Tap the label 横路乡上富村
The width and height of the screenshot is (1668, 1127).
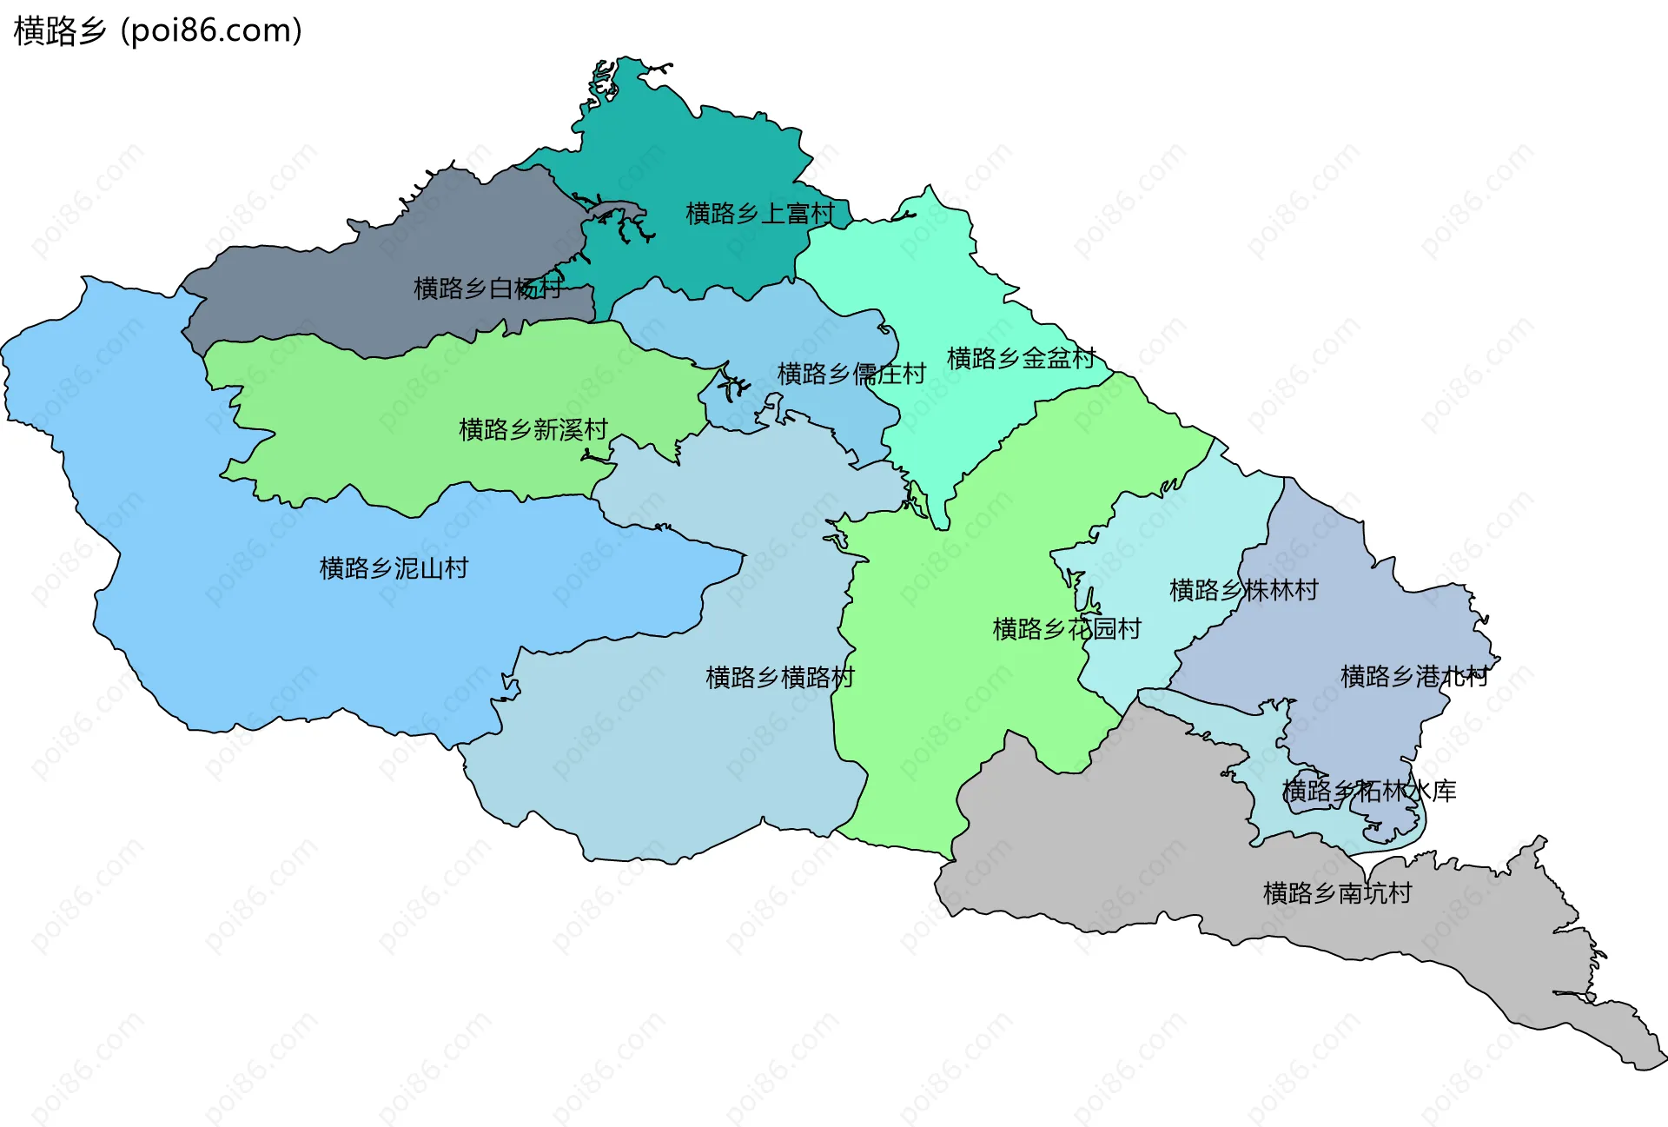tap(760, 214)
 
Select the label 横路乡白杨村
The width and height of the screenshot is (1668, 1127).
tap(487, 288)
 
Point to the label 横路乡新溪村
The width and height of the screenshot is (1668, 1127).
tap(533, 429)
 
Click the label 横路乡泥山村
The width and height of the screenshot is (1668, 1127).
tap(394, 568)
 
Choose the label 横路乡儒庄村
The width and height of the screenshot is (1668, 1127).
tap(851, 374)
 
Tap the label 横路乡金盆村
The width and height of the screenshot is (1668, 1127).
tap(1021, 358)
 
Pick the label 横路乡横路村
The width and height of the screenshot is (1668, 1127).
tap(780, 677)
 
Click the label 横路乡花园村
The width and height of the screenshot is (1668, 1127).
tap(1067, 628)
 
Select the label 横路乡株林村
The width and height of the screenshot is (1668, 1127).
tap(1244, 590)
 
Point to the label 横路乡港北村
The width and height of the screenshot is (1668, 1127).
tap(1414, 676)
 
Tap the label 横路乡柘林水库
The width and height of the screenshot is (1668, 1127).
tap(1369, 791)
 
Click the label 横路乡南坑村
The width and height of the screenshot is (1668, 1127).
tap(1337, 892)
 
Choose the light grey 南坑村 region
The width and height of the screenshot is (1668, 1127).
tap(1129, 834)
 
